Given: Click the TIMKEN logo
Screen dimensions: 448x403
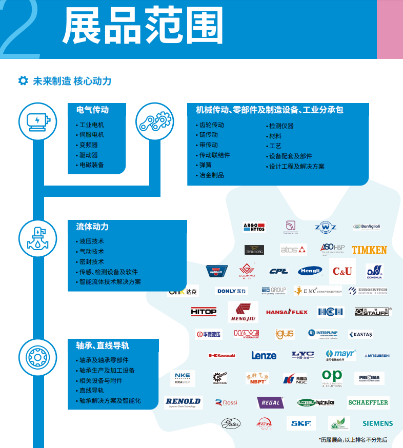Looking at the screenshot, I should (369, 250).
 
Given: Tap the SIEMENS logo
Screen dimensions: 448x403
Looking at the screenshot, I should (377, 423).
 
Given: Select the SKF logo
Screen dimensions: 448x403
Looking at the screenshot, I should (301, 423).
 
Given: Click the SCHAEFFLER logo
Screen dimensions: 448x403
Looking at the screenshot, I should (368, 402).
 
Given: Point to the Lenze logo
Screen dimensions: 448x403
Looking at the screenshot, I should (264, 355).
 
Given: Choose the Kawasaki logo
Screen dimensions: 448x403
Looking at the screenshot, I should (221, 355).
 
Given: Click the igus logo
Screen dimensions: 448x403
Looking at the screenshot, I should (285, 334).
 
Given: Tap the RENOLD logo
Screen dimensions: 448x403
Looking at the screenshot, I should (183, 402).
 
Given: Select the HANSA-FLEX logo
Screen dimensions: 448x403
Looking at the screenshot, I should (287, 312).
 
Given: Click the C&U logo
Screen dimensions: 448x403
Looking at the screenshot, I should (342, 271).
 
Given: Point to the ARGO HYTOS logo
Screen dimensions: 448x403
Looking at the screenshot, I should (254, 227).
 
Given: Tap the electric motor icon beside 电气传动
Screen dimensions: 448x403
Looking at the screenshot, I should (35, 121).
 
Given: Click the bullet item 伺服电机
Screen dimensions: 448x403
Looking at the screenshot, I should (92, 135).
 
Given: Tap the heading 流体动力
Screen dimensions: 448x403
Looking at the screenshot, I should (92, 227).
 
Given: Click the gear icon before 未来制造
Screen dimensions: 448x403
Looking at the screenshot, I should (23, 81).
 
